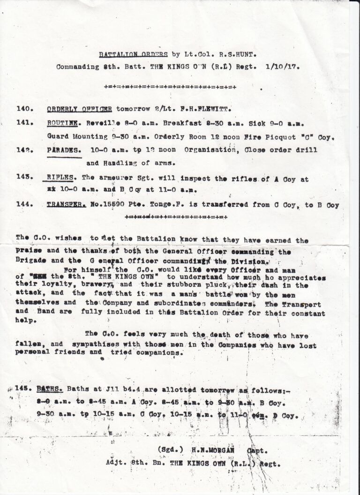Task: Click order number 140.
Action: tap(24, 109)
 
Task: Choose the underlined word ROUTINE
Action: tap(63, 123)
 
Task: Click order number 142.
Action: tap(24, 150)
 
